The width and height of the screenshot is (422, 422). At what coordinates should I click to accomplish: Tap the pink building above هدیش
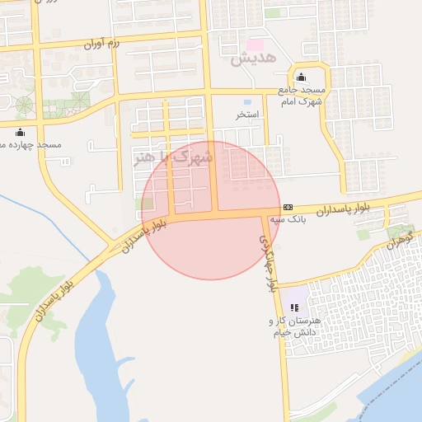pos(256,43)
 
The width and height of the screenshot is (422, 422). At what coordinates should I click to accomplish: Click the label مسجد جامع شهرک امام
pos(302,94)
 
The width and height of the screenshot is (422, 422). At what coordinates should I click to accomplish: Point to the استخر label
pos(247,115)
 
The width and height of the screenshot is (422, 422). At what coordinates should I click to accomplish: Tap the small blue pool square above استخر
pos(247,102)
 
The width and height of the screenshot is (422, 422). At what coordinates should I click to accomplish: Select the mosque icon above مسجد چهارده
pos(20,133)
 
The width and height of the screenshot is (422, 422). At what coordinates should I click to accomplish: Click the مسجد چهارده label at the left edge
pos(33,145)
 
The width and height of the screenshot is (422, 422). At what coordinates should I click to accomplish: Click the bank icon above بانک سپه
pos(288,207)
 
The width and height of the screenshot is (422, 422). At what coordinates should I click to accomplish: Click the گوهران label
pos(398,240)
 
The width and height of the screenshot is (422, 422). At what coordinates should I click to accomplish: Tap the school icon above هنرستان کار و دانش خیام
pos(294,307)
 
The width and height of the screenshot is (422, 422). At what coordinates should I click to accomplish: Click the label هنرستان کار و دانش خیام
pos(295,325)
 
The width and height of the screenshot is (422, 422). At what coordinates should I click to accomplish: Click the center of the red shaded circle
pos(211,210)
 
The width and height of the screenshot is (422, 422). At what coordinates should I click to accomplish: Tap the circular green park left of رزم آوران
pos(24,105)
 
